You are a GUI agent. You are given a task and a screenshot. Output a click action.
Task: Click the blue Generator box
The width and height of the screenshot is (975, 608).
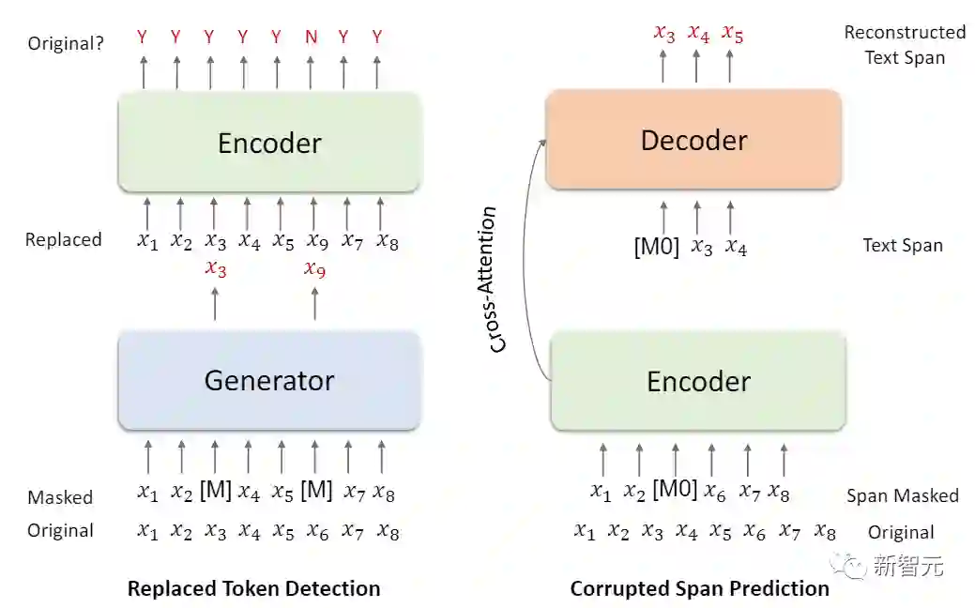268,380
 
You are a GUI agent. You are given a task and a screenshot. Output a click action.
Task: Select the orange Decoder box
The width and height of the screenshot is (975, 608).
693,141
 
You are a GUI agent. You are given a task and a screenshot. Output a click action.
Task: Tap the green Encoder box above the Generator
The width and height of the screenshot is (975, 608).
269,143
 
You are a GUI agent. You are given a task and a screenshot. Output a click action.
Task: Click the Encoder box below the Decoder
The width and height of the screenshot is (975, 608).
698,382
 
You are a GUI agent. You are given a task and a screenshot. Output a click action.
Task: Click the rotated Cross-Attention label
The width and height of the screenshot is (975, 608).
499,280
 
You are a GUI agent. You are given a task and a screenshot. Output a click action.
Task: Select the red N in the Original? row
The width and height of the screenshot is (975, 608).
311,38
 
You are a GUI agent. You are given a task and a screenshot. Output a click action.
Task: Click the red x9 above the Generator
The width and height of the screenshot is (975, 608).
314,270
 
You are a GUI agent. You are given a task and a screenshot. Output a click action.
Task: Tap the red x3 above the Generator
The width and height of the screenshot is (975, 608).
215,270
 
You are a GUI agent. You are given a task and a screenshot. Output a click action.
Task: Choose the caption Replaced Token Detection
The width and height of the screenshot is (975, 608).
253,589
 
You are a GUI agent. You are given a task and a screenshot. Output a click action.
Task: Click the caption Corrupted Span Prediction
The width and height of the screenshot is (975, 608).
699,589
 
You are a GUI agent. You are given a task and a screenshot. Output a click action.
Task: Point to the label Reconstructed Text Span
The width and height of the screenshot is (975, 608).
904,45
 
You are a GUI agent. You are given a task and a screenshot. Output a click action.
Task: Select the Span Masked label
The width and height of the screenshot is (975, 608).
902,495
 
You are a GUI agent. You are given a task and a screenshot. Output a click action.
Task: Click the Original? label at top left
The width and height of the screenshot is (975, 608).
66,43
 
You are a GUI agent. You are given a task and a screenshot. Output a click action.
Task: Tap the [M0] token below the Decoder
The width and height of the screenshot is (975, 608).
657,248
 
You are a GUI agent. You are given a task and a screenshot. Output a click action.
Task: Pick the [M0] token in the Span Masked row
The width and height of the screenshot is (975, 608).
675,490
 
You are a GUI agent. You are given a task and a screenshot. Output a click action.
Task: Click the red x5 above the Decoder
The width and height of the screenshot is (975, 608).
732,35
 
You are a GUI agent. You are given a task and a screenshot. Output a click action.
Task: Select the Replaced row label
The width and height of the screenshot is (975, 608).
63,240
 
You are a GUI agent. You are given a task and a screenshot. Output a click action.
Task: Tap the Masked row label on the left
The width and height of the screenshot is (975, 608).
60,497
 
